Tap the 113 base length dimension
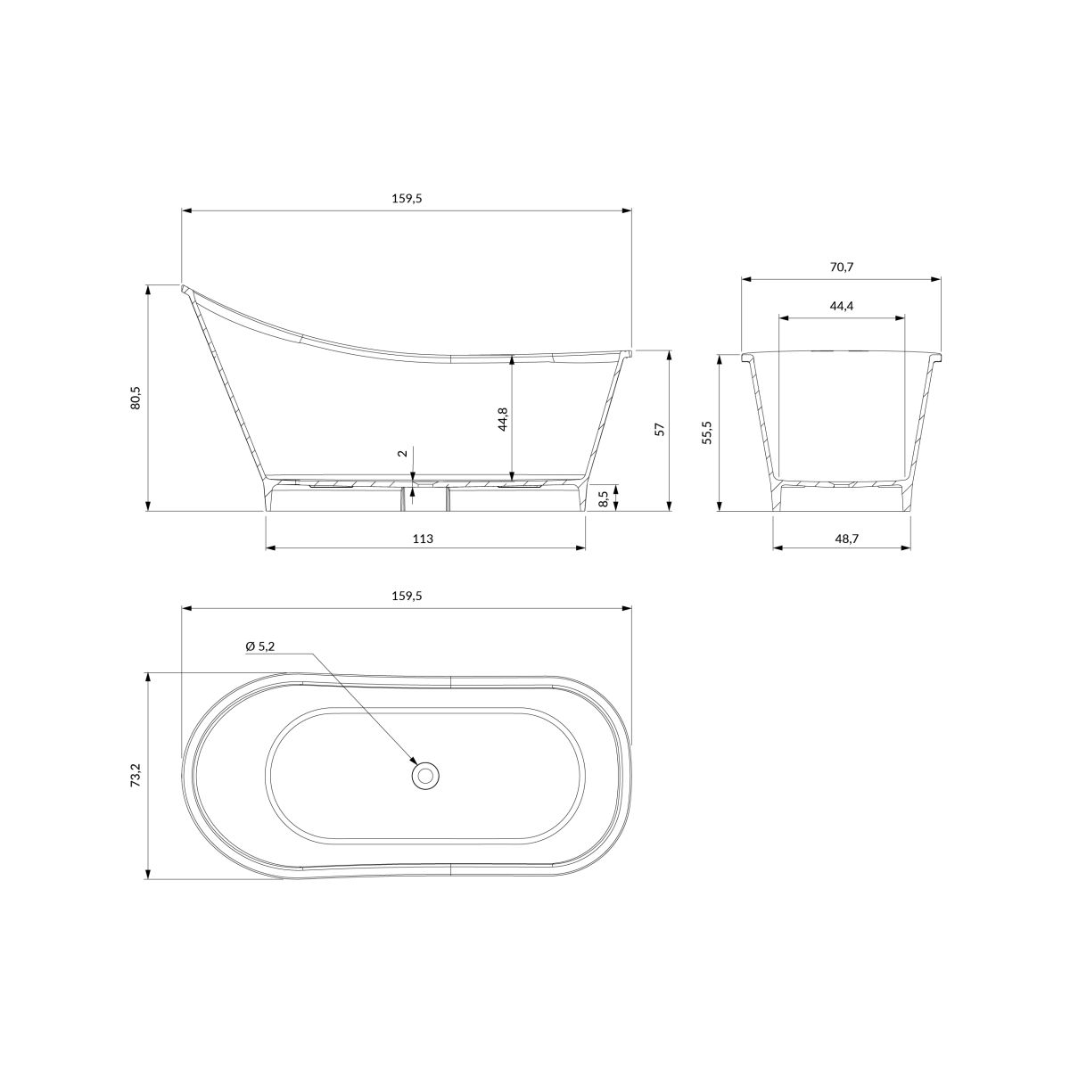[424, 538]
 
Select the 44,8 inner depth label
[503, 419]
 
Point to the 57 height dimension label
[659, 429]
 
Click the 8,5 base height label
[605, 498]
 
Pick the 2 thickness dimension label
[404, 453]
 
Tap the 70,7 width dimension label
[841, 267]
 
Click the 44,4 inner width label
[841, 306]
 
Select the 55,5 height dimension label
[706, 432]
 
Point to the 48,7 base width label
[842, 538]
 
